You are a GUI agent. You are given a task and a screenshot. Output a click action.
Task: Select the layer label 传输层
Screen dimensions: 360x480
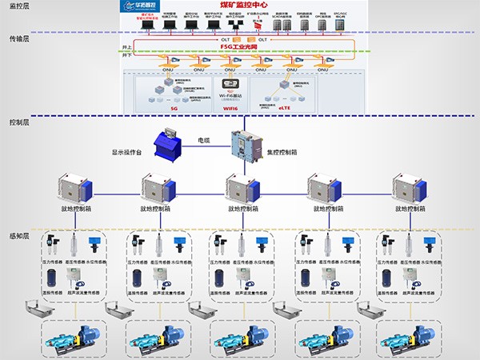[x=19, y=38]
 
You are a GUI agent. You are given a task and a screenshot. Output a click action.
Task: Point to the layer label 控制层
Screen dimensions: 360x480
[x=19, y=122]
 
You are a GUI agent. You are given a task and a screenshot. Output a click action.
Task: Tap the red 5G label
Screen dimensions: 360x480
[x=174, y=109]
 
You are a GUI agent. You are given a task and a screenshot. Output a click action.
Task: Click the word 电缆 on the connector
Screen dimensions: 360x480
[x=204, y=140]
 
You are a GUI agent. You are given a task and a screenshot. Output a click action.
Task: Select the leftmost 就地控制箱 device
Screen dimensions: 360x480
[x=74, y=189]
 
